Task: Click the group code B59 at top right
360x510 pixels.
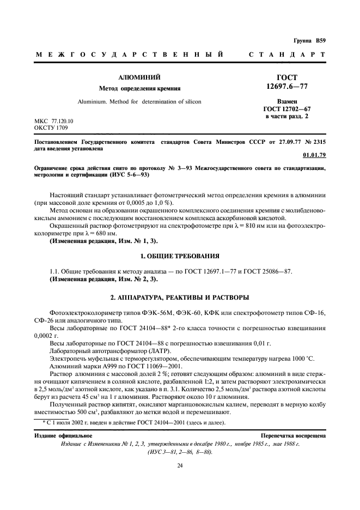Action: pos(319,41)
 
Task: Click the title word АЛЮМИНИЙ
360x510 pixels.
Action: pos(139,78)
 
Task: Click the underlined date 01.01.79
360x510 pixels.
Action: pos(314,155)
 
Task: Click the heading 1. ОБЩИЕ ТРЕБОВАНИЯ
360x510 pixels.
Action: pos(180,256)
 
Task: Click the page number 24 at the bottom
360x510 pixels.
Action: pos(180,465)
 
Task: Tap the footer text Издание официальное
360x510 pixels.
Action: pos(63,436)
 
